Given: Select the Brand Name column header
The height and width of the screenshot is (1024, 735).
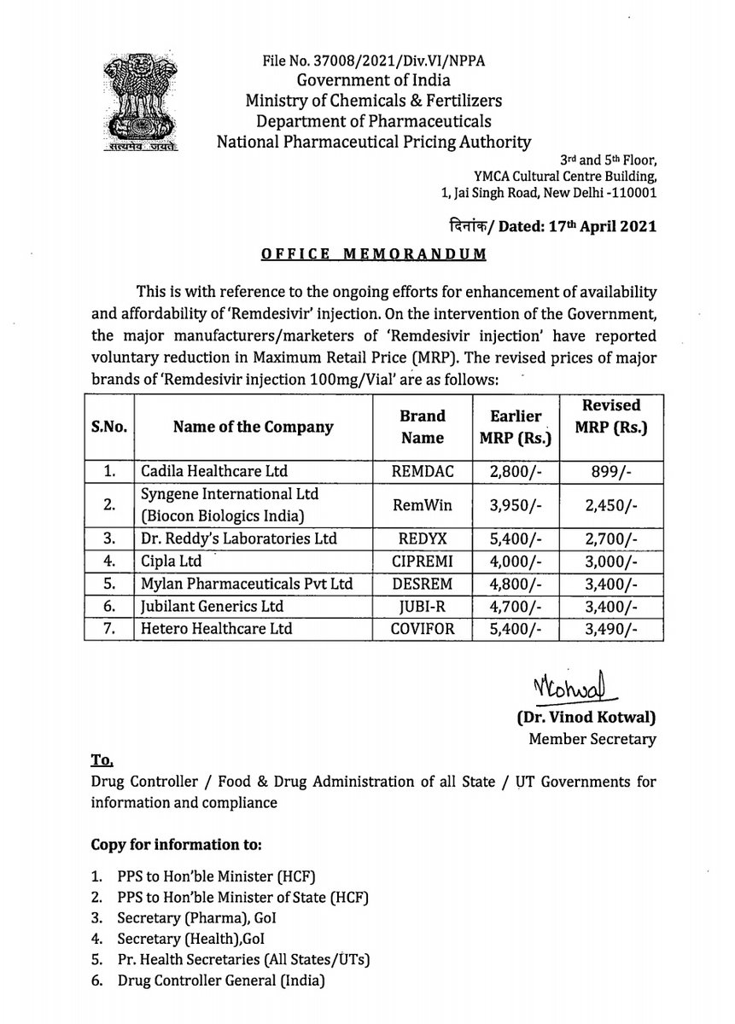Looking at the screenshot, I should point(423,426).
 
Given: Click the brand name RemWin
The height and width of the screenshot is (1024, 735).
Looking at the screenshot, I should point(423,504).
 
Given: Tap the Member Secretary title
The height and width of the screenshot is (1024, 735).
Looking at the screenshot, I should point(592,740).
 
